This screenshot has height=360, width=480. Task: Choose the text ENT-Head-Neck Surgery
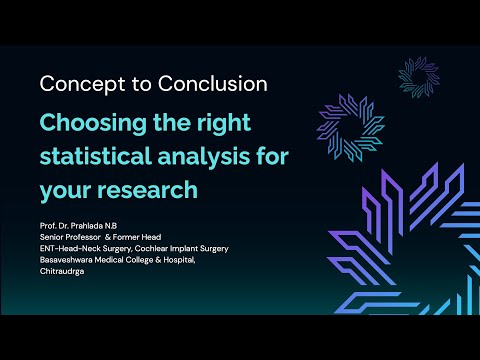pyautogui.click(x=78, y=248)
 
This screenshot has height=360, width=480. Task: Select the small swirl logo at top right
pyautogui.click(x=418, y=79)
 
